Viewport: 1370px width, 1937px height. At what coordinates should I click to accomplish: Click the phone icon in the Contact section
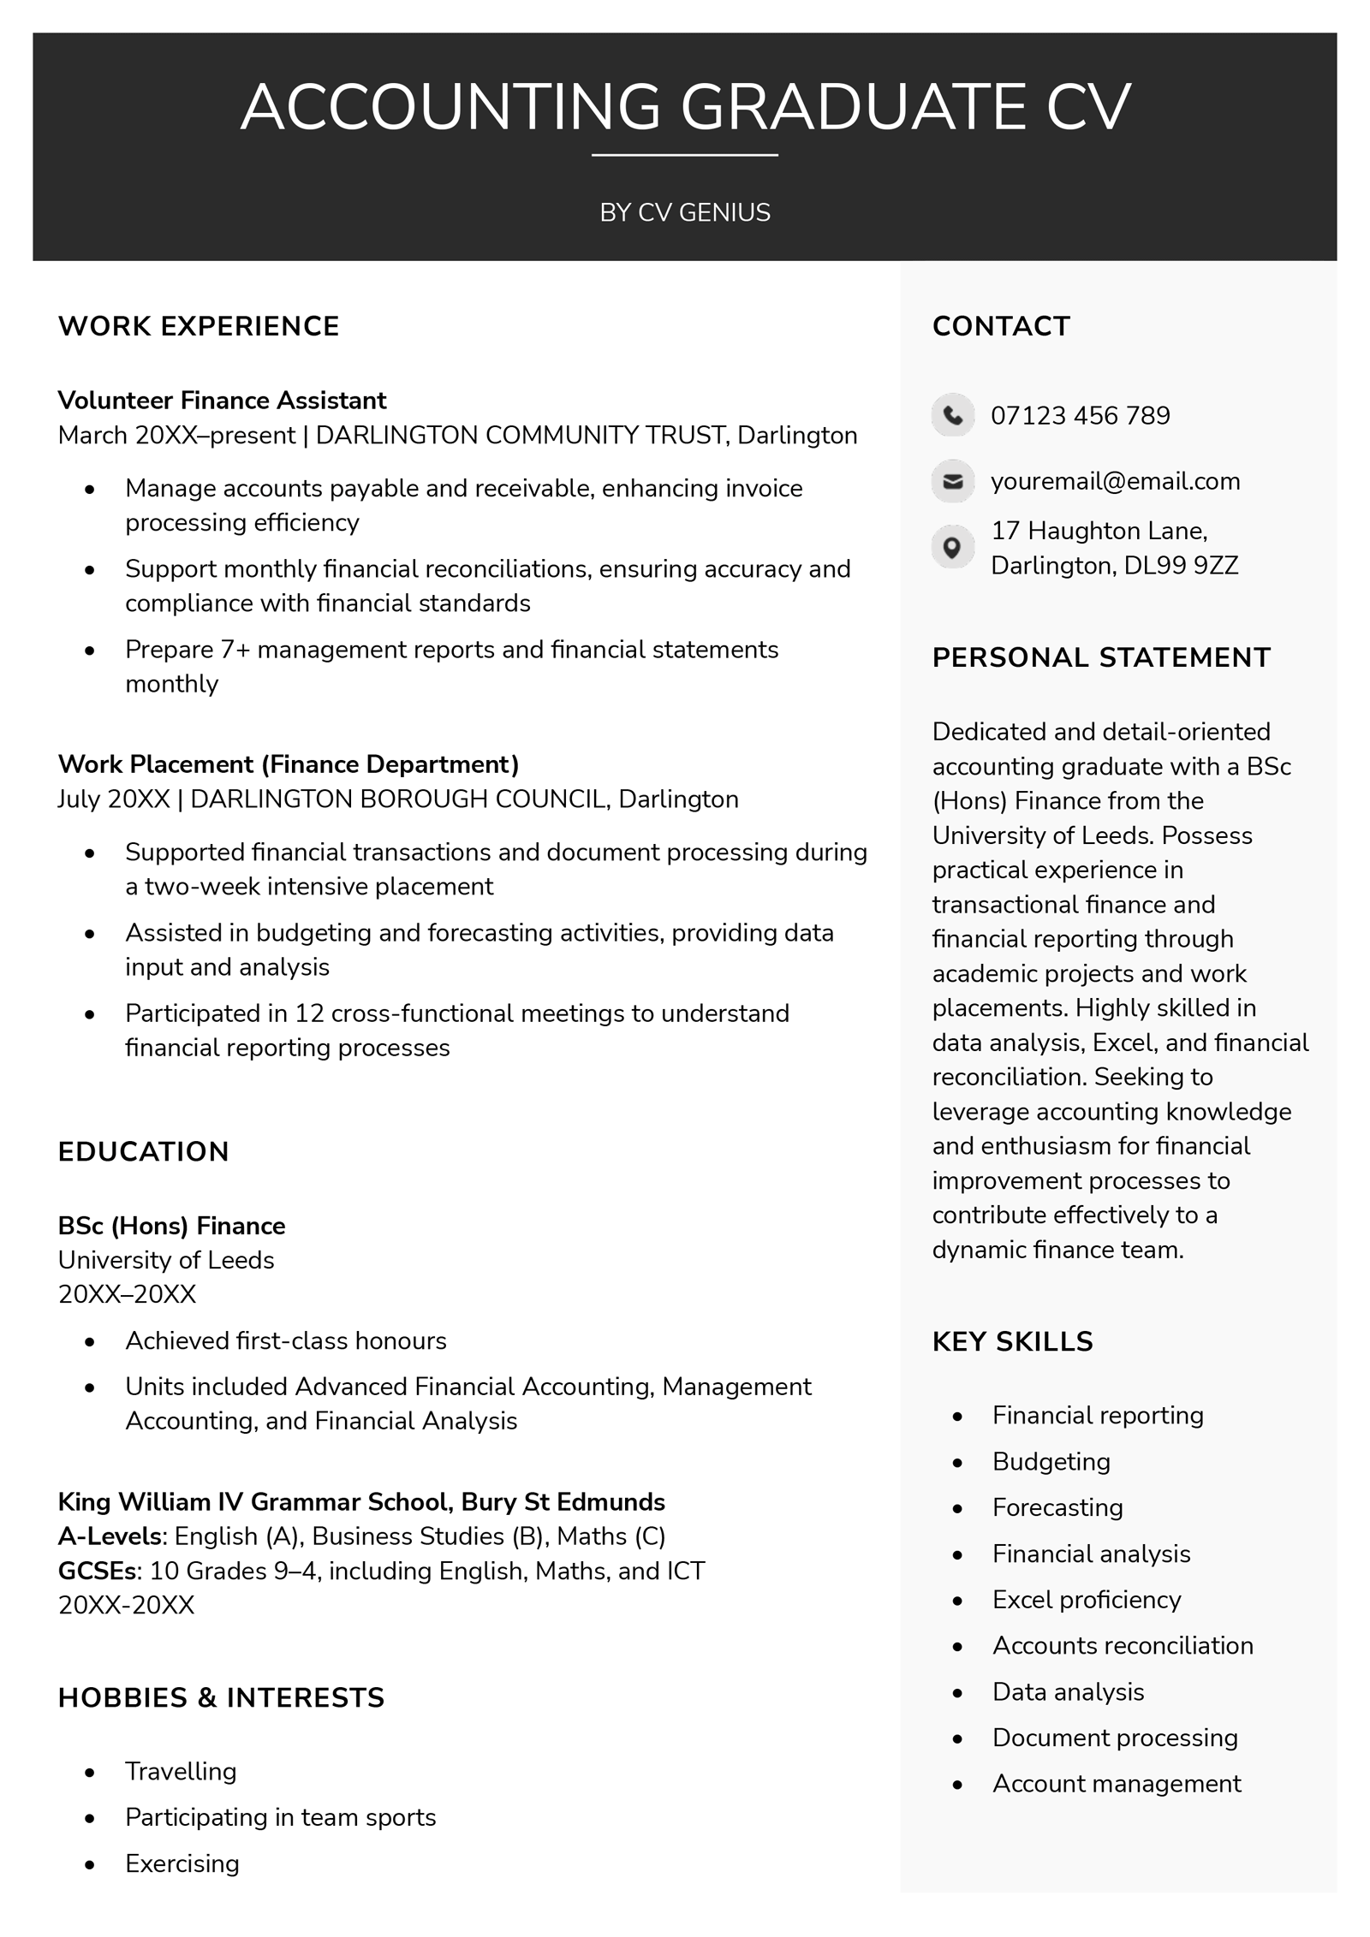[x=952, y=415]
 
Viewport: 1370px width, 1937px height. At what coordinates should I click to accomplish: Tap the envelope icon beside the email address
[x=952, y=481]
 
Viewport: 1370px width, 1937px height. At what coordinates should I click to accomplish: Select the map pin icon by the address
[x=952, y=547]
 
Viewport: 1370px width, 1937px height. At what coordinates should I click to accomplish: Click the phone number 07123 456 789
[x=1080, y=415]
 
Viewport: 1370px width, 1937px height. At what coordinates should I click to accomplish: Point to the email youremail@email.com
[x=1115, y=481]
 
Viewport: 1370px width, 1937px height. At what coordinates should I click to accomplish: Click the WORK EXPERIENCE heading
[x=199, y=326]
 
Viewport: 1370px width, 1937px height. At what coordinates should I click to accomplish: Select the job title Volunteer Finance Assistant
[x=222, y=400]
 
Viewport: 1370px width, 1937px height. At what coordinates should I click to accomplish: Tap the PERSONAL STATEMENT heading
[x=1101, y=657]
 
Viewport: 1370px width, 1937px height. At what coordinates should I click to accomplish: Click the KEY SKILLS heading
[x=1012, y=1341]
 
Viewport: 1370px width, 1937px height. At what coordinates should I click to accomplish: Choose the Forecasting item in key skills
[x=1057, y=1507]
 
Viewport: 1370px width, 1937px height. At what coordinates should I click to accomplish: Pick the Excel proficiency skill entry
[x=1086, y=1600]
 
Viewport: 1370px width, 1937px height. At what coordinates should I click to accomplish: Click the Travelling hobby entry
[x=181, y=1771]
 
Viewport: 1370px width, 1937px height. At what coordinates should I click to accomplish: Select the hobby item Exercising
[x=182, y=1863]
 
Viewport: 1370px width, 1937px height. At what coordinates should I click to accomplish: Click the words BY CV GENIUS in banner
[x=685, y=212]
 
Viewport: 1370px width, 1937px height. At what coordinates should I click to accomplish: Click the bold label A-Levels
[x=110, y=1536]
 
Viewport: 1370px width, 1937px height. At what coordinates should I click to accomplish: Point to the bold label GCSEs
[x=98, y=1571]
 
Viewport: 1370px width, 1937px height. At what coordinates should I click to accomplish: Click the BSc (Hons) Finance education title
[x=171, y=1226]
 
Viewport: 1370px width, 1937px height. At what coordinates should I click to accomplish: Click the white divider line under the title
[x=685, y=156]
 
